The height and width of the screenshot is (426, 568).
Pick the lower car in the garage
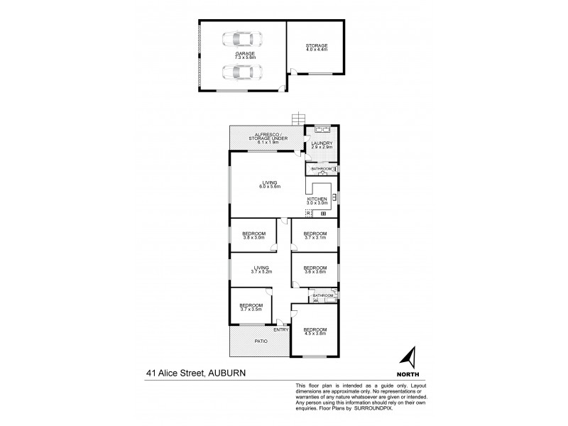(x=241, y=72)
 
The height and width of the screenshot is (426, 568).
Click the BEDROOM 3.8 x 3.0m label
(x=253, y=236)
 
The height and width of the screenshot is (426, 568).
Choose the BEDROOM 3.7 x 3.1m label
(x=315, y=236)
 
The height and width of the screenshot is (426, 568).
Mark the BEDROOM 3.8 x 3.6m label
(x=315, y=271)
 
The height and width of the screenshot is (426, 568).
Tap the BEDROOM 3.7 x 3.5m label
(x=251, y=307)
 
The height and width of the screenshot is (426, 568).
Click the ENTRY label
(x=280, y=329)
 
